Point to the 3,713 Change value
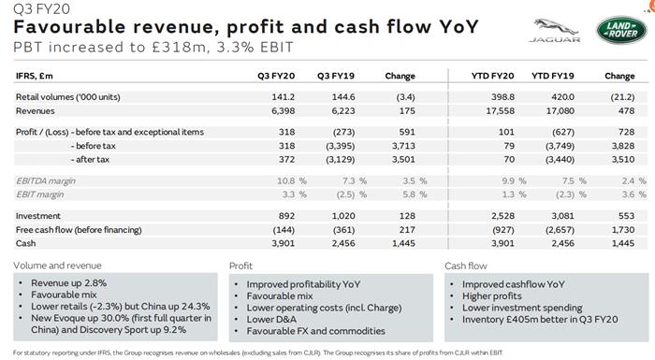(400, 145)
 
